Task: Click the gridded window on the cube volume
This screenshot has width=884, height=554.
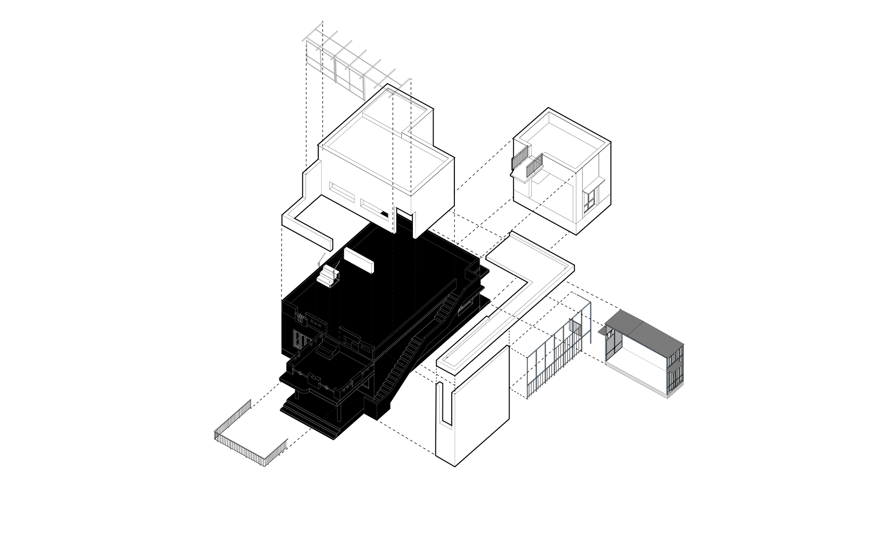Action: coord(590,201)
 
